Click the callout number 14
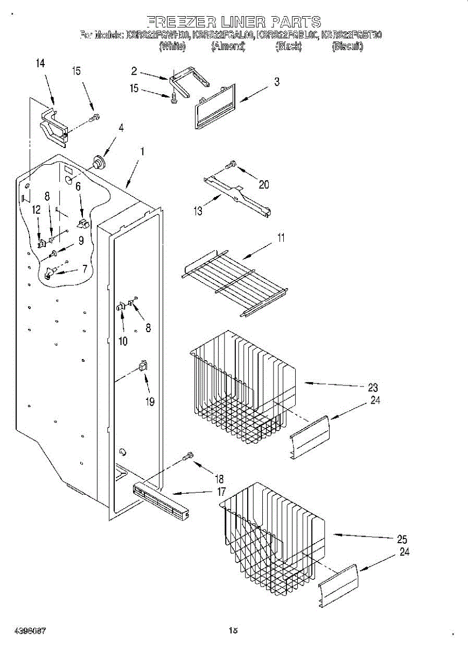40,64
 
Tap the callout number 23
372,387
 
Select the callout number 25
401,539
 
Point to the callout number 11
281,238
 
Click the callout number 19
149,401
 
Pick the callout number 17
221,491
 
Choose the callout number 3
276,82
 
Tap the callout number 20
263,185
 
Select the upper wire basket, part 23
242,388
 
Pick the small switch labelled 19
143,366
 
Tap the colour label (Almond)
228,47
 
